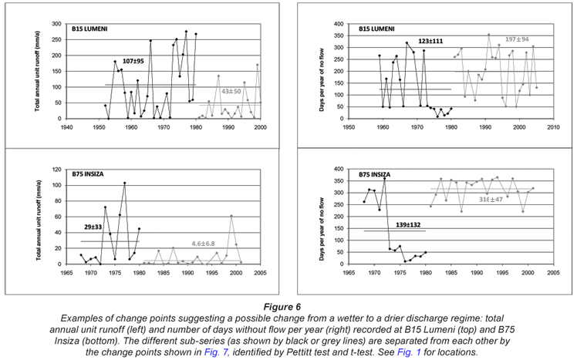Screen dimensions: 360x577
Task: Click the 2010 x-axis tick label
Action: [553, 126]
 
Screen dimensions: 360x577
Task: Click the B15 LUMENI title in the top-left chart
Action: [89, 30]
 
